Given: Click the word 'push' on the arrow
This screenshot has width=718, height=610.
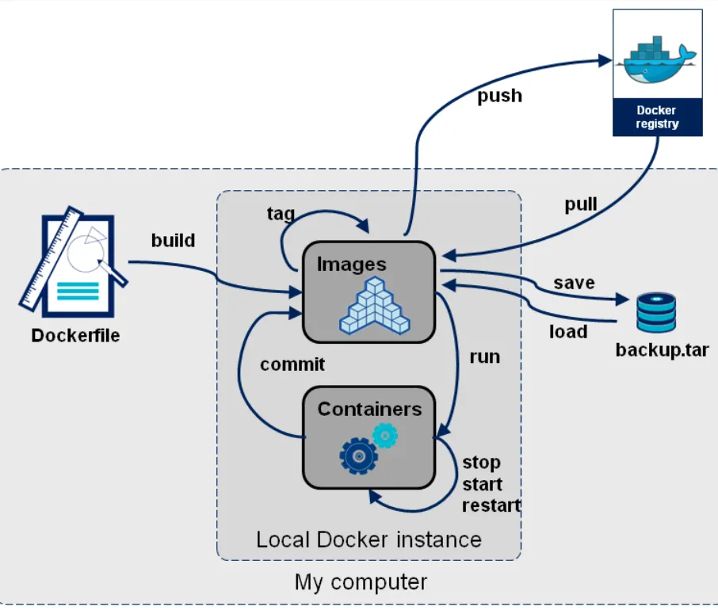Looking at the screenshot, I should point(499,96).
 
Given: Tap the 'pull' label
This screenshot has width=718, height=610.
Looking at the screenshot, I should point(581,205).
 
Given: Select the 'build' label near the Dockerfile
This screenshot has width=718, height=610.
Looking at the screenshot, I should point(173,240).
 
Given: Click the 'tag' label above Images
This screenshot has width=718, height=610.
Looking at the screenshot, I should point(281,214).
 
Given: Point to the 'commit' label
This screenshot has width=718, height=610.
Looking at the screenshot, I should point(292,364).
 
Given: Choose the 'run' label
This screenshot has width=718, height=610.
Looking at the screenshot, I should point(485,356).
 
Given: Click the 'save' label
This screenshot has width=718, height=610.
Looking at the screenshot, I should point(574,283).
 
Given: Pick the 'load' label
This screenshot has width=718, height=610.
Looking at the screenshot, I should point(568,331).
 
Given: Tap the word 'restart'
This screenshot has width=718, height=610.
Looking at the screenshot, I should point(491,505).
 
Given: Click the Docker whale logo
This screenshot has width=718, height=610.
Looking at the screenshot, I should point(657,59).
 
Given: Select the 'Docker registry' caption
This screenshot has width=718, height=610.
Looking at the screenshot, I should point(657,117).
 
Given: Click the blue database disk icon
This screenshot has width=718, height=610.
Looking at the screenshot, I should point(656,312).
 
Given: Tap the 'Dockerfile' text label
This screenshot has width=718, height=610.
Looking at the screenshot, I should point(75,335).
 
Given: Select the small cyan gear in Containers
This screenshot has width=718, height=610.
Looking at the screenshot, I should point(384,434).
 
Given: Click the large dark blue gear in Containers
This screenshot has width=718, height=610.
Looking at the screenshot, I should point(359,455).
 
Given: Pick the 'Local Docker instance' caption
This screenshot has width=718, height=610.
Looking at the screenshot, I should point(369,539).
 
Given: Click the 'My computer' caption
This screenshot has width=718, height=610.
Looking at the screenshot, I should point(361,582).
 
